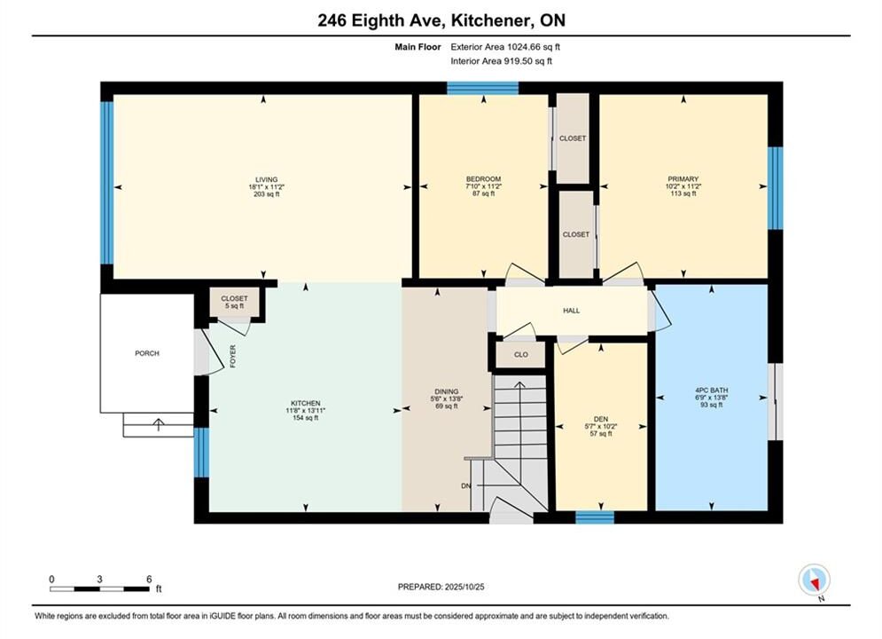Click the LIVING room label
coord(266,179)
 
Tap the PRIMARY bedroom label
coord(683,179)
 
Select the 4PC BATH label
coord(712,390)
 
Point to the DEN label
coord(601,419)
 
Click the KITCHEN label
coord(306,403)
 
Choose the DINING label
coord(447,391)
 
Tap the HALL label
coord(572,311)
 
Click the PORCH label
coord(147,353)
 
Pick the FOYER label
coord(233,357)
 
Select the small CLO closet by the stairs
coord(521,355)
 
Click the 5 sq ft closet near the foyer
coord(234,303)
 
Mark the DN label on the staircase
coord(465,485)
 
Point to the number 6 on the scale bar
coord(149,579)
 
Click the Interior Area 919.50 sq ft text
coord(501,61)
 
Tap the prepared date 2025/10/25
coord(464,587)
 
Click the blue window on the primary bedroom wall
coord(775,188)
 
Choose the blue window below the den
coord(595,517)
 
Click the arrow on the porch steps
coord(159,424)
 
